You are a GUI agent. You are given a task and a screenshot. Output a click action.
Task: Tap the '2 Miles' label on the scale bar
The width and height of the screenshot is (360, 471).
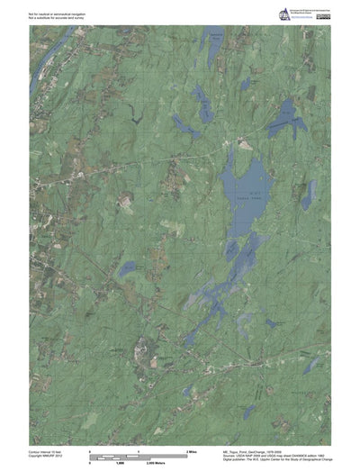tap(191, 448)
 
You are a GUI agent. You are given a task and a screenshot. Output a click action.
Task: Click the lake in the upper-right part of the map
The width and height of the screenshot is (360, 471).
tap(286, 114)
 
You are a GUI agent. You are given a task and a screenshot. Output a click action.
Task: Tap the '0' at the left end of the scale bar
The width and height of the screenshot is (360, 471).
tap(90, 448)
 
